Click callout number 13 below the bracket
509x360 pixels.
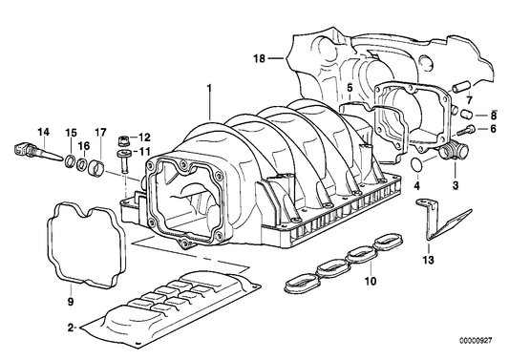coord(428,260)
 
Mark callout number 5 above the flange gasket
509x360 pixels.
coord(350,87)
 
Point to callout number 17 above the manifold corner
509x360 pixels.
coord(100,131)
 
